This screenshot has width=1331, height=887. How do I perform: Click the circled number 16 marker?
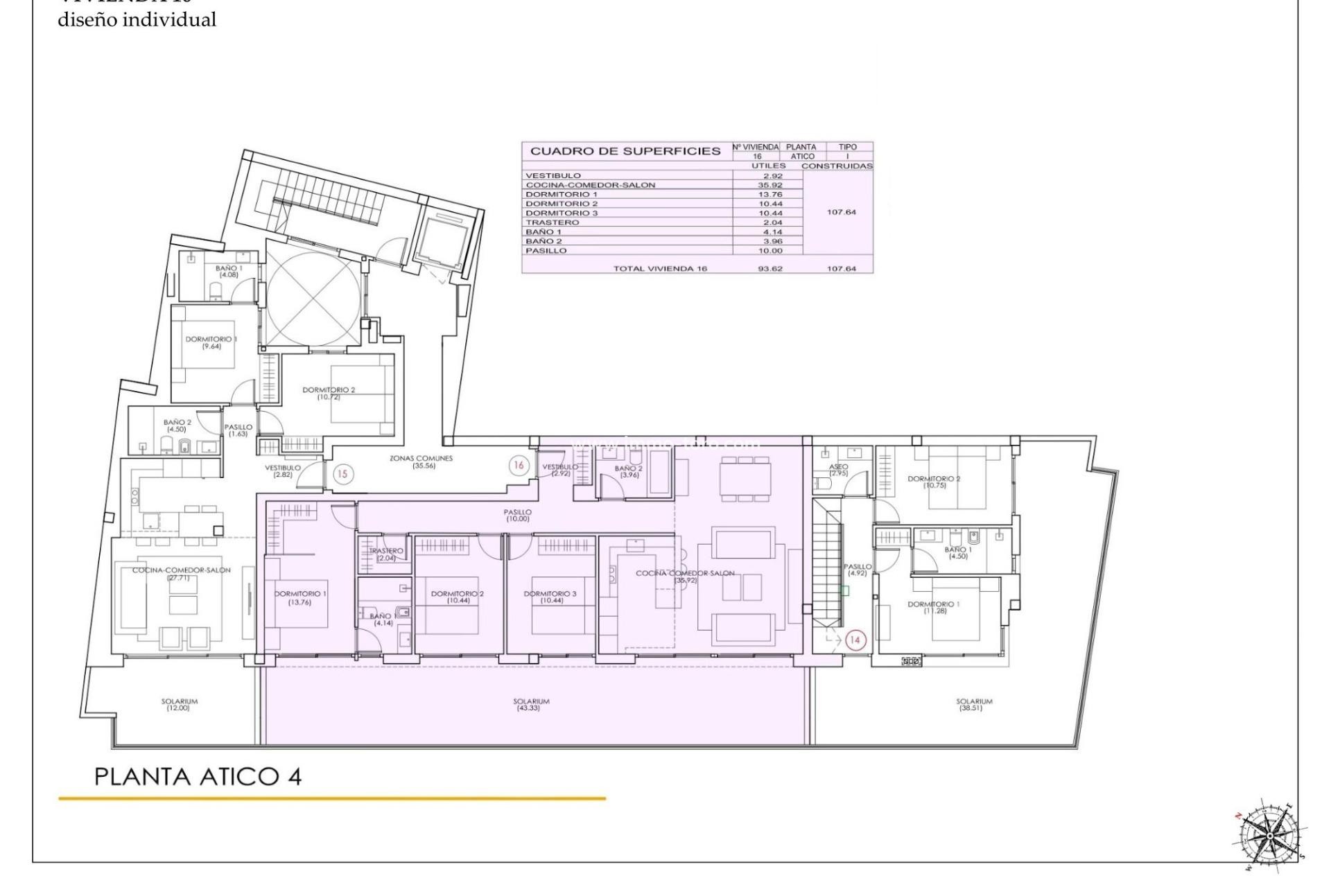click(x=519, y=465)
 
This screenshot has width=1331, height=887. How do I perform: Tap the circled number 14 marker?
click(x=855, y=640)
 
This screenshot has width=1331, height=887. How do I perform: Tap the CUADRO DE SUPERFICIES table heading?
click(x=625, y=151)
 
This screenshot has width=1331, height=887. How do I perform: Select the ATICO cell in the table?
click(x=801, y=157)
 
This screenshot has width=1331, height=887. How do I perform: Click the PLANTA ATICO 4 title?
click(x=198, y=776)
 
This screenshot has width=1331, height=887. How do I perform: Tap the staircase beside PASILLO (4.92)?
click(x=828, y=565)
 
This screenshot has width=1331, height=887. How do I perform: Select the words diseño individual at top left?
click(x=137, y=20)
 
